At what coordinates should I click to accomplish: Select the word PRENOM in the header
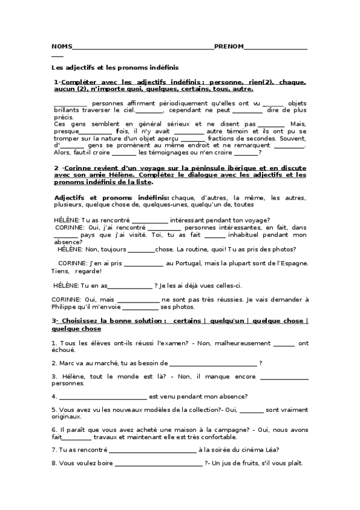[229, 46]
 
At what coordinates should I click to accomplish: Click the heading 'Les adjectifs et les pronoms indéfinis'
[115, 67]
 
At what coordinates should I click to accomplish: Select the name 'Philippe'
[67, 307]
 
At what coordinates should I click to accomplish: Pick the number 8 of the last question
[54, 463]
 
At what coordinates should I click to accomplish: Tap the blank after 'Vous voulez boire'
[159, 464]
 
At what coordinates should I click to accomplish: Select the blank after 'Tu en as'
[130, 286]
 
